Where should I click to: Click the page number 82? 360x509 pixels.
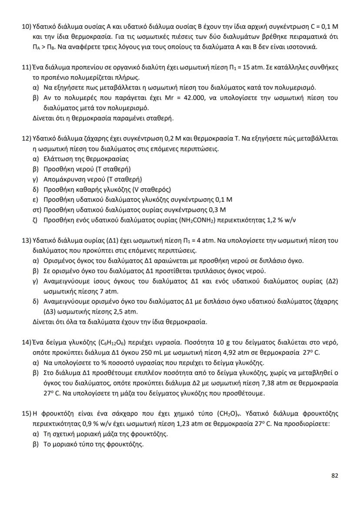334,476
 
